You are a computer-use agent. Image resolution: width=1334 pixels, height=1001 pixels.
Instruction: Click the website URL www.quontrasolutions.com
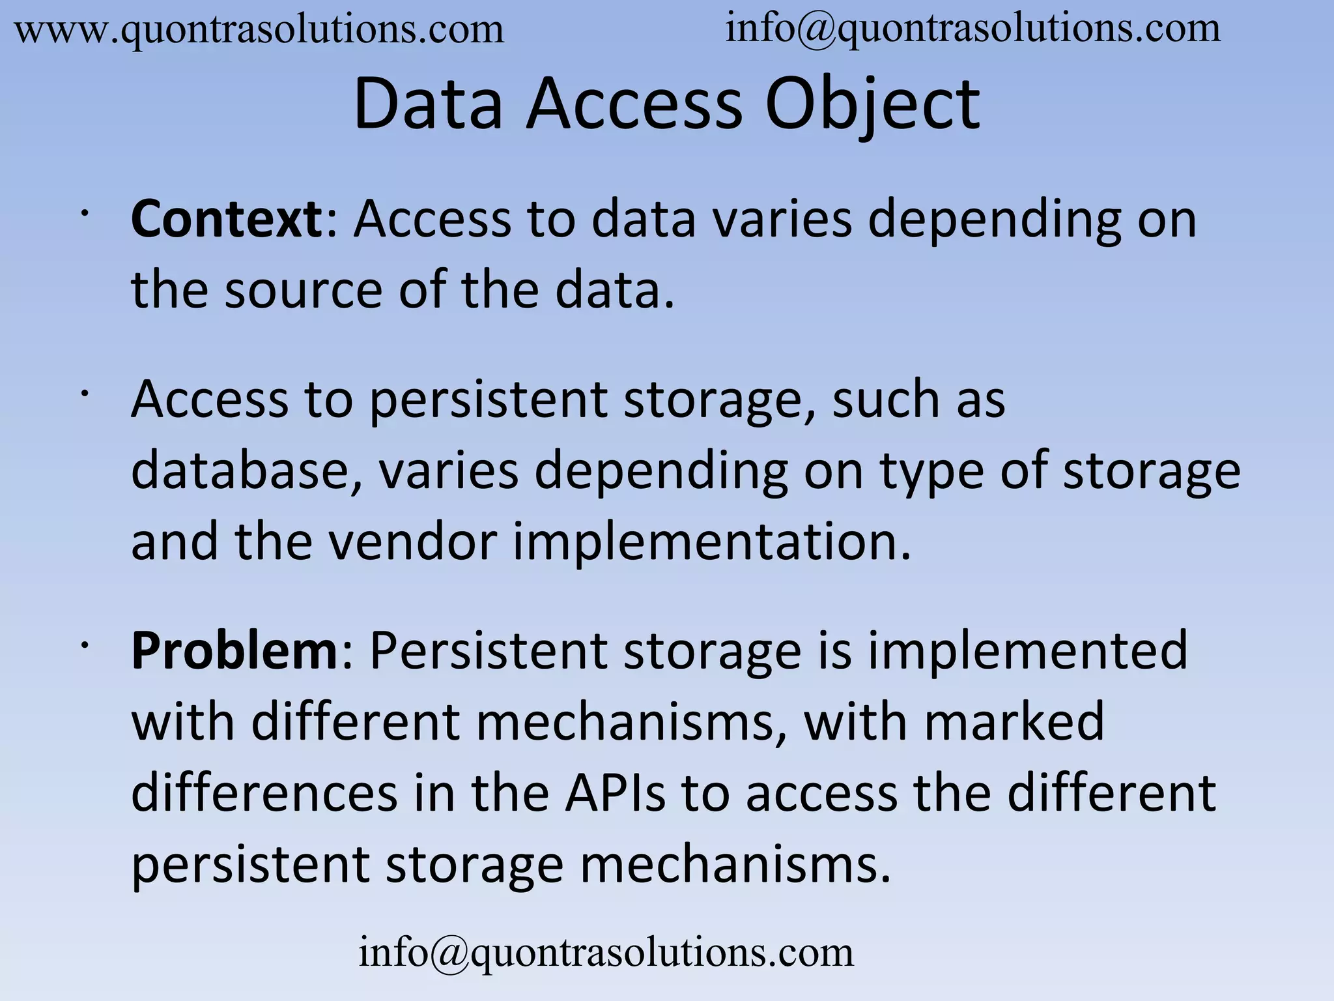259,30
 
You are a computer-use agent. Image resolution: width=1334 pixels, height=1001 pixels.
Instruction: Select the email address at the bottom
606,952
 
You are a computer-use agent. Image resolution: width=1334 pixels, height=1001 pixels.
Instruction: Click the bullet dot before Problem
84,645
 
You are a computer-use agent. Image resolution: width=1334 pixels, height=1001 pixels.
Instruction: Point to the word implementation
711,542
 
